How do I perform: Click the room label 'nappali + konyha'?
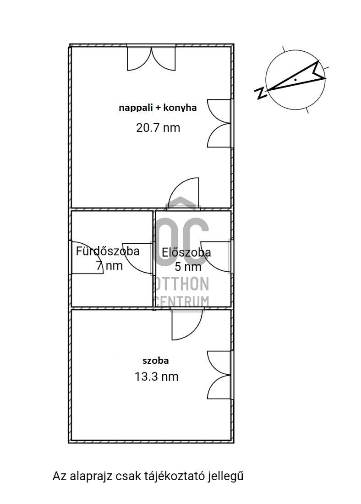158,108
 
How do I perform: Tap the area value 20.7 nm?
158,128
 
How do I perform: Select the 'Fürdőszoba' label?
108,251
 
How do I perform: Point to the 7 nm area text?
109,266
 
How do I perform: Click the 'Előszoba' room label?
186,252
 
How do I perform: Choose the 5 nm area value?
188,267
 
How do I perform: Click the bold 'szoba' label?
156,361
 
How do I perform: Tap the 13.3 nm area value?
156,377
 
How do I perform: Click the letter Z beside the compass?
261,93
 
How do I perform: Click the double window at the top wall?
151,58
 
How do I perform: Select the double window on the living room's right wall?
219,123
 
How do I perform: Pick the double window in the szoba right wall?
219,375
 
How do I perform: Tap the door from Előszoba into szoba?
187,323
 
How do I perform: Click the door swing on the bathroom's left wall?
87,257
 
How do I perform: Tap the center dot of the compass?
295,79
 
